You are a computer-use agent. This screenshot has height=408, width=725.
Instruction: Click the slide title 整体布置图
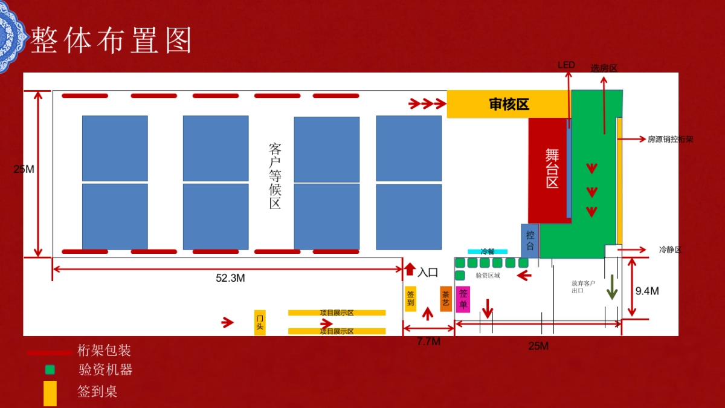tap(112, 40)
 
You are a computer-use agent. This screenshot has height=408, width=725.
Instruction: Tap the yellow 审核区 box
tap(509, 105)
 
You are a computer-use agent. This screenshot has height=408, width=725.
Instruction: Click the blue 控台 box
tap(530, 241)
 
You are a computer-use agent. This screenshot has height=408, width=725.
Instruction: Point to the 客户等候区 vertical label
tap(275, 176)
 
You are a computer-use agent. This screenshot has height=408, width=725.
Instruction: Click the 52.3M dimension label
tap(230, 278)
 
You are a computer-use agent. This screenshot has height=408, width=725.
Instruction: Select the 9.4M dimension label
tap(647, 291)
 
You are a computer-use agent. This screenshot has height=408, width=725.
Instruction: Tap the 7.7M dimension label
tap(428, 342)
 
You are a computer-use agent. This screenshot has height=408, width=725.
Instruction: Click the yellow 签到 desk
tap(411, 299)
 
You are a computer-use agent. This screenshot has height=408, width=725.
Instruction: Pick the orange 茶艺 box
tap(446, 299)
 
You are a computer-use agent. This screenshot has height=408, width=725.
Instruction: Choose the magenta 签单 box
tap(463, 299)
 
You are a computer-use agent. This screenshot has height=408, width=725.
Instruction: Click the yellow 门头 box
tap(260, 323)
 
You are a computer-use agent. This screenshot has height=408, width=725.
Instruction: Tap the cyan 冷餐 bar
tap(488, 251)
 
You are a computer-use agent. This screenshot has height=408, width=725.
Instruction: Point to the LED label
tap(566, 65)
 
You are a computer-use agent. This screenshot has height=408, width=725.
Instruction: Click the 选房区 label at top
tap(604, 68)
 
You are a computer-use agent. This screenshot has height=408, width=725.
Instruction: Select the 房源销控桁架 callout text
tap(670, 139)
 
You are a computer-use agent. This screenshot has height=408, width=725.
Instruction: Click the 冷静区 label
tap(669, 249)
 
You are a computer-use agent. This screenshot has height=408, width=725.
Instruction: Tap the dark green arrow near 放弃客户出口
tap(612, 287)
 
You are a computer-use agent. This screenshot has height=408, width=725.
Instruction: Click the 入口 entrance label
tap(428, 272)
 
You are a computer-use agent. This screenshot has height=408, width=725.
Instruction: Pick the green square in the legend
tap(50, 369)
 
